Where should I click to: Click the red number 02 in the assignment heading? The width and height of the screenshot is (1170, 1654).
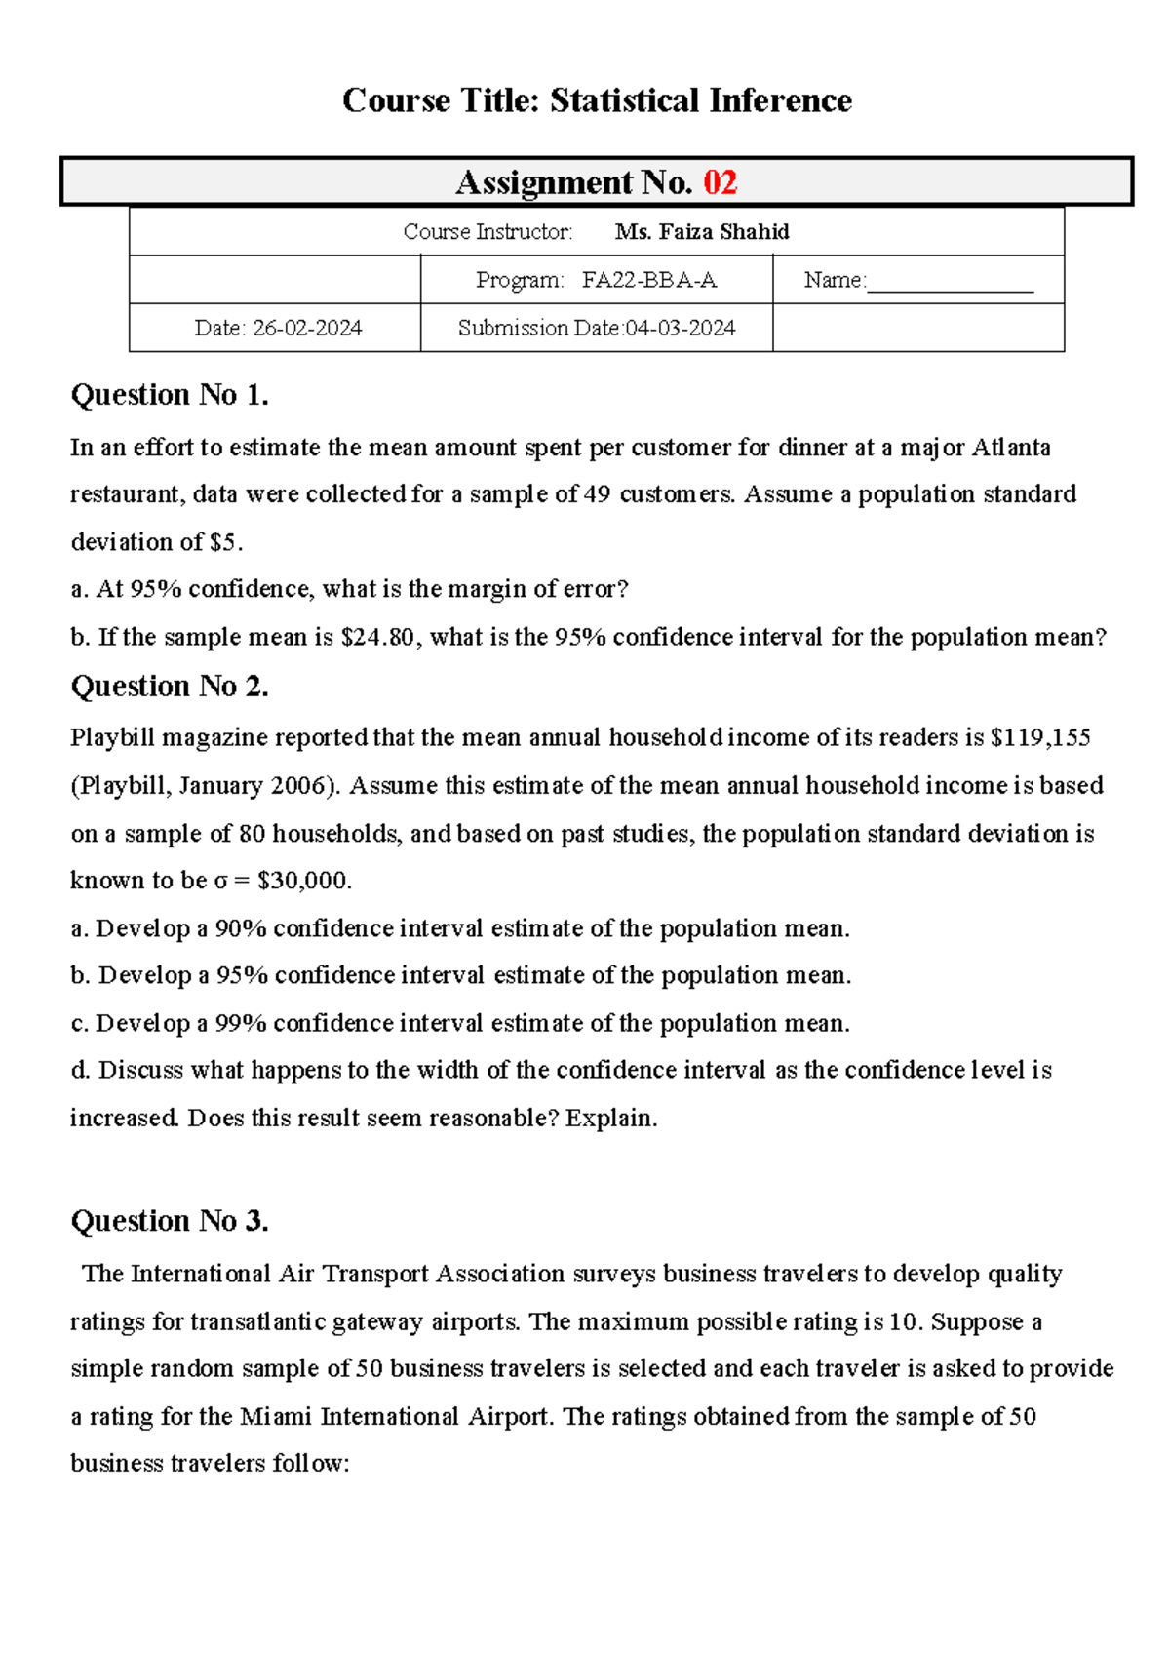[720, 182]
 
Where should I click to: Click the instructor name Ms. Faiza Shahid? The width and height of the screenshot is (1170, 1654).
[702, 232]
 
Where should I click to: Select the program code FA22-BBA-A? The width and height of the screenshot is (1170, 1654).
[649, 281]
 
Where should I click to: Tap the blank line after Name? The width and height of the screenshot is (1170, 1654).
[950, 283]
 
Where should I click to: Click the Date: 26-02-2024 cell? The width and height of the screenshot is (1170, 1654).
[278, 329]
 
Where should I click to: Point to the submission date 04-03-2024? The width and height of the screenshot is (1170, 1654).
[680, 329]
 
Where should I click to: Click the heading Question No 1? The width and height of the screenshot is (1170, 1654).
[170, 395]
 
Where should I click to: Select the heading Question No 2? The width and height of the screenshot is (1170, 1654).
[170, 687]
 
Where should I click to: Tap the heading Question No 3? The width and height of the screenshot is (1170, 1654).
[170, 1221]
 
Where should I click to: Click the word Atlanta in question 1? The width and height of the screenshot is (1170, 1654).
[1011, 448]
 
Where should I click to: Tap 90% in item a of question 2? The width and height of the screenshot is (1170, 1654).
[240, 928]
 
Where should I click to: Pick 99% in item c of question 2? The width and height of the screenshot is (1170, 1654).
[240, 1024]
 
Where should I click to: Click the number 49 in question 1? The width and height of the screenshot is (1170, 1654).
[597, 494]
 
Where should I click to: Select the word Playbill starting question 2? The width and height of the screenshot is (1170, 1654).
[112, 738]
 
